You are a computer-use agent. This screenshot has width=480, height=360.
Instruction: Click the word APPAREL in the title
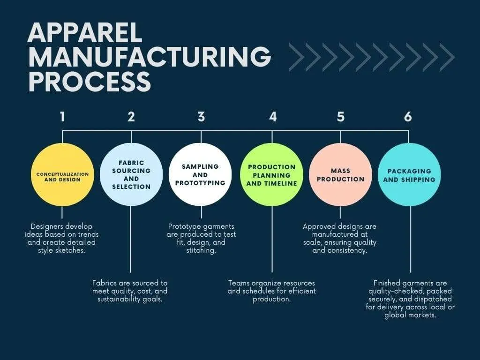click(x=84, y=34)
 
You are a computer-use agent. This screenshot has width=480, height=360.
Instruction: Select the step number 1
click(x=62, y=117)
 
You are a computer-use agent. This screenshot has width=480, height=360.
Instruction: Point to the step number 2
click(x=131, y=117)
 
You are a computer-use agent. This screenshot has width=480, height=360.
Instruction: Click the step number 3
click(x=201, y=117)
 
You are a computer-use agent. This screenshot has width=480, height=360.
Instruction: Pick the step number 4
click(x=273, y=117)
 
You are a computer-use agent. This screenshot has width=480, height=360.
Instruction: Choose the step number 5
click(x=341, y=117)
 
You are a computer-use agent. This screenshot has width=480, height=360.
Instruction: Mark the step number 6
click(x=408, y=117)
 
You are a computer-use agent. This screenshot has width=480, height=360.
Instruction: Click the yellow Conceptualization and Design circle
click(x=62, y=174)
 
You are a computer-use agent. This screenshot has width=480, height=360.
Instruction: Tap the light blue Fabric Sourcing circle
click(x=131, y=174)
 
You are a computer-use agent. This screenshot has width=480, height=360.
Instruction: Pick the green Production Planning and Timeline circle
click(x=272, y=174)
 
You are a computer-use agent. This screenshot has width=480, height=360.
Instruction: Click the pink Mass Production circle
click(x=341, y=174)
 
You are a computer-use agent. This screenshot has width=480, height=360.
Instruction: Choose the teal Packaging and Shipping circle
click(x=409, y=174)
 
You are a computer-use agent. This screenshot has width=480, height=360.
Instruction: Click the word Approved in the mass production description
click(x=319, y=226)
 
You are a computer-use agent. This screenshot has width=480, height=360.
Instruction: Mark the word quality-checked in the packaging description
click(x=397, y=291)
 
